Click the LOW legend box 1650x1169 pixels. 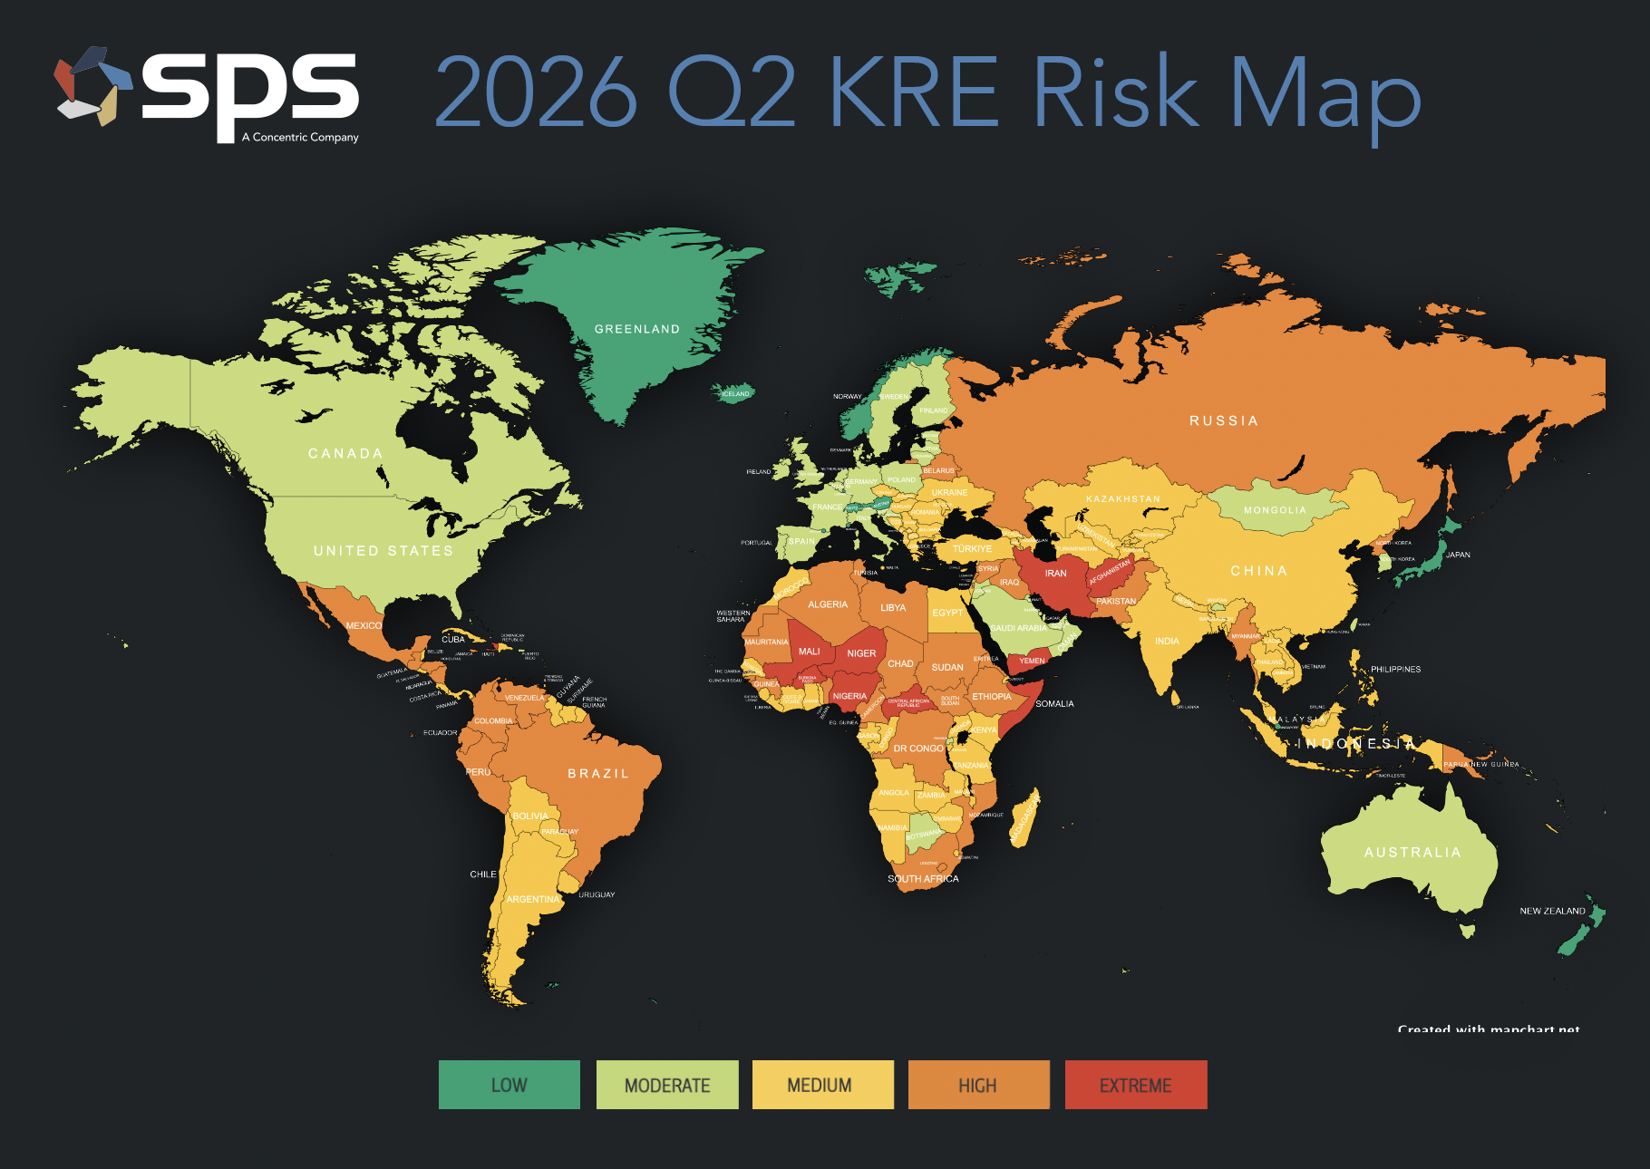[x=509, y=1085]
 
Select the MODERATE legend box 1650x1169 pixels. [x=667, y=1085]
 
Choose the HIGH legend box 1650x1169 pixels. [x=978, y=1085]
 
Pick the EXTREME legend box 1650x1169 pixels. [x=1136, y=1085]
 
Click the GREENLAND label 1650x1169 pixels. [x=636, y=329]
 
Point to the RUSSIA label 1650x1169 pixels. [x=1223, y=420]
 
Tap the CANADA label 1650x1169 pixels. [x=345, y=453]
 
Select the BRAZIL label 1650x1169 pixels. [x=597, y=773]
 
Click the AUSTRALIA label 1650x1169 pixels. [x=1412, y=852]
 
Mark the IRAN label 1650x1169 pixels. [x=1055, y=574]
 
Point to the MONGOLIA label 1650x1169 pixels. [x=1275, y=510]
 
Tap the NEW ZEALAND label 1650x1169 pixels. [x=1552, y=911]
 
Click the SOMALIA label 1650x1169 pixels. [x=1054, y=703]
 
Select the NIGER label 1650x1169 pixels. [x=861, y=653]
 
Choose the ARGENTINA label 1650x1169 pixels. [x=533, y=899]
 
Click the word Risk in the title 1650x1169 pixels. [x=1115, y=92]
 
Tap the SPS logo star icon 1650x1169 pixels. [x=92, y=86]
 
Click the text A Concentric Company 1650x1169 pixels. [x=300, y=138]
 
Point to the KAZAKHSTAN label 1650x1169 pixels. [x=1122, y=499]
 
